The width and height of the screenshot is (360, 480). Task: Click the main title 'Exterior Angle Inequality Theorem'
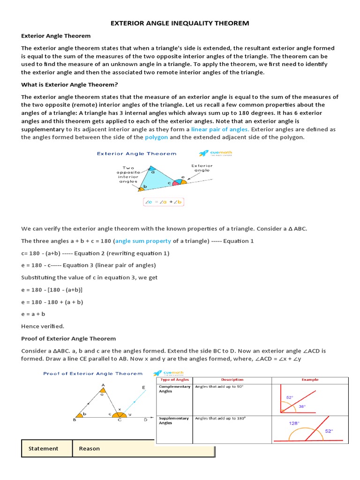(180, 23)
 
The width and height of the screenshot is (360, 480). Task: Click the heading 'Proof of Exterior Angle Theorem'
(68, 338)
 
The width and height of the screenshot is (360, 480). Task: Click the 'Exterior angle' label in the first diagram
(202, 168)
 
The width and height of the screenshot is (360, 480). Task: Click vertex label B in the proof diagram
(75, 420)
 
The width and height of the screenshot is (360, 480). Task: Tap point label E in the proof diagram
(143, 387)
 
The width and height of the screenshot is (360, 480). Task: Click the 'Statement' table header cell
(44, 449)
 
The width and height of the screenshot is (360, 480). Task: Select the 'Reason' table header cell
(90, 449)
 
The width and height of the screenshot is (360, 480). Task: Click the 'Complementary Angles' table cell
(174, 389)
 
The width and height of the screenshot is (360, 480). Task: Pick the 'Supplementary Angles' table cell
(174, 420)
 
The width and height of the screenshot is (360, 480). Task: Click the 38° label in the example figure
(302, 406)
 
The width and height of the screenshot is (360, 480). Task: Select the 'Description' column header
(232, 380)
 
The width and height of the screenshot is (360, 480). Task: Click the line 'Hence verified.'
(43, 326)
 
